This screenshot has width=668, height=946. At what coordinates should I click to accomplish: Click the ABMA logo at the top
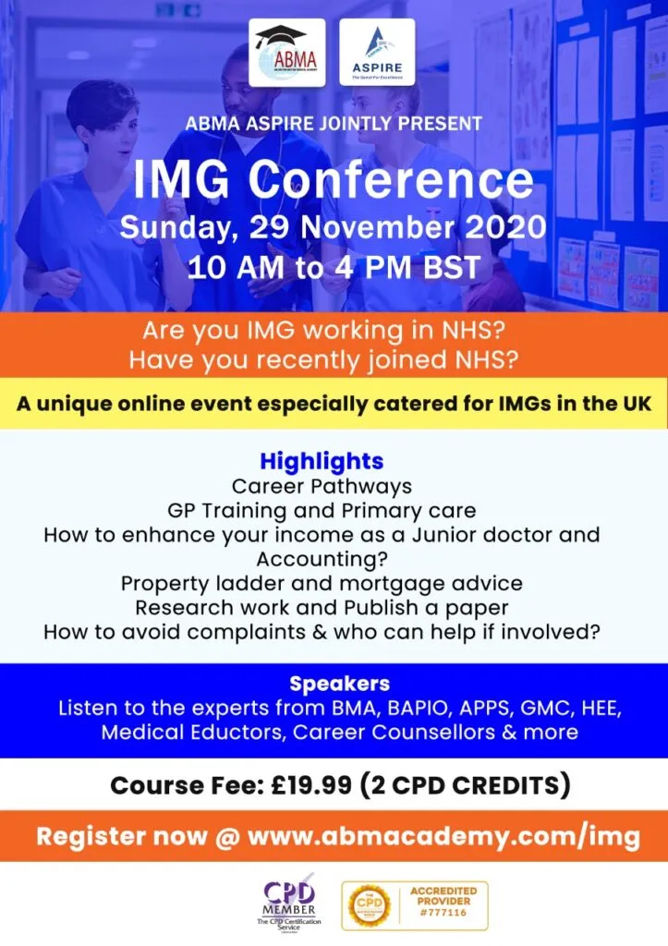286,53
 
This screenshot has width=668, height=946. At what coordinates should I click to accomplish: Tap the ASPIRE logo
376,53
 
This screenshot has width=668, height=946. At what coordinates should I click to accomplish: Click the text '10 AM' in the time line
226,268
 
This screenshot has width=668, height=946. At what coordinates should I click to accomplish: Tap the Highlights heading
322,461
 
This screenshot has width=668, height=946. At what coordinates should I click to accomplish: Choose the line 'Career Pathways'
322,485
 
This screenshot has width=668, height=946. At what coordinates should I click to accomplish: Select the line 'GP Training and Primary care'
322,510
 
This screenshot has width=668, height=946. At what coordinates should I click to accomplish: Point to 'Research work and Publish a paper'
322,608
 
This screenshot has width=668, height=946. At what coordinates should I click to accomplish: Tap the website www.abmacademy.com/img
443,837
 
